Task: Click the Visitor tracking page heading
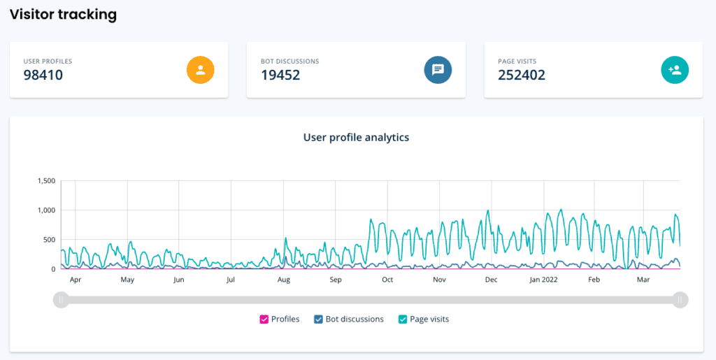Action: pyautogui.click(x=63, y=14)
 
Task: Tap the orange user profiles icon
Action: pyautogui.click(x=200, y=69)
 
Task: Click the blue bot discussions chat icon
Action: pyautogui.click(x=438, y=69)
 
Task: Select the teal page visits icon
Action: pyautogui.click(x=675, y=69)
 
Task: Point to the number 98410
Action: pyautogui.click(x=43, y=75)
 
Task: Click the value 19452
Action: pyautogui.click(x=280, y=75)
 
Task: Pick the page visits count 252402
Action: pyautogui.click(x=522, y=75)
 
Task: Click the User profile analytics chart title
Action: pyautogui.click(x=356, y=138)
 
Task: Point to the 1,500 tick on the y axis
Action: pyautogui.click(x=45, y=181)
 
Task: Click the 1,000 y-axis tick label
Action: pyautogui.click(x=45, y=210)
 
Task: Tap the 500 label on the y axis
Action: pyautogui.click(x=49, y=240)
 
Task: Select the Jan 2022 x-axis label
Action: pyautogui.click(x=544, y=280)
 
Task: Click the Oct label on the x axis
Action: pyautogui.click(x=387, y=280)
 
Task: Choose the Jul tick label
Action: pyautogui.click(x=231, y=280)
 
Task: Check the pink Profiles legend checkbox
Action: pyautogui.click(x=264, y=319)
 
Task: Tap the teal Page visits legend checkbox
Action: pyautogui.click(x=403, y=319)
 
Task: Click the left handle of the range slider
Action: pyautogui.click(x=62, y=300)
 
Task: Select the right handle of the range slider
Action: pyautogui.click(x=680, y=300)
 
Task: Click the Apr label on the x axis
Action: pyautogui.click(x=76, y=280)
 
